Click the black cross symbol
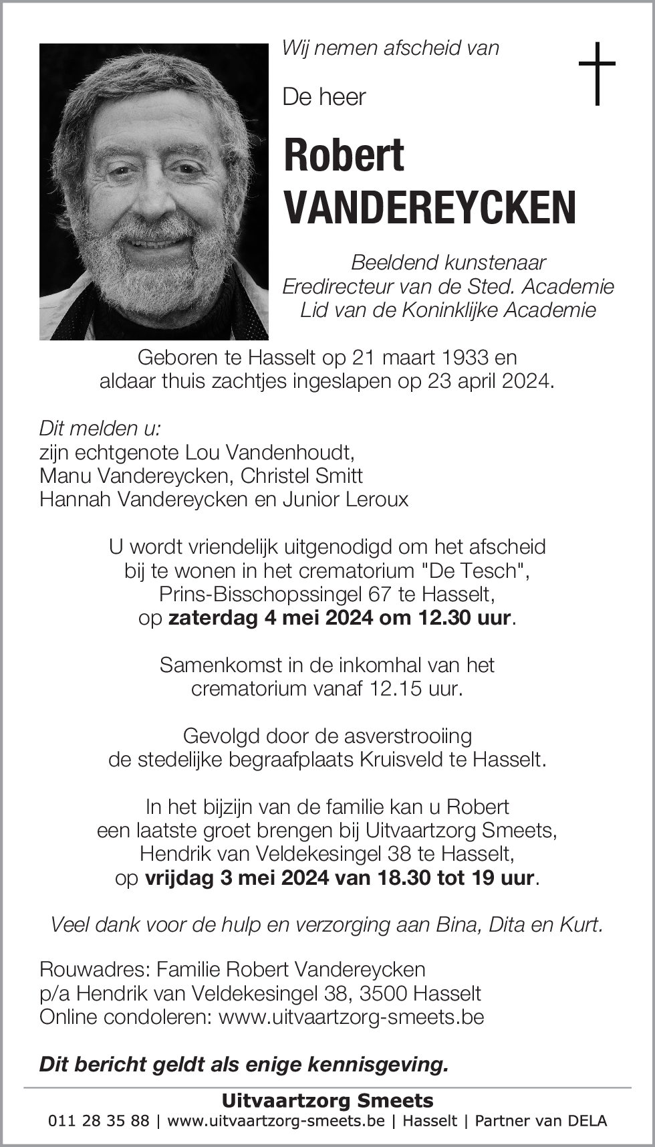point(596,74)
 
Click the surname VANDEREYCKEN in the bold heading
point(430,207)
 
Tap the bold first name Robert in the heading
point(344,155)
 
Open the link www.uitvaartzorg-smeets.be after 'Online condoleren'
point(352,1017)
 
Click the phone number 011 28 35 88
point(99,1121)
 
